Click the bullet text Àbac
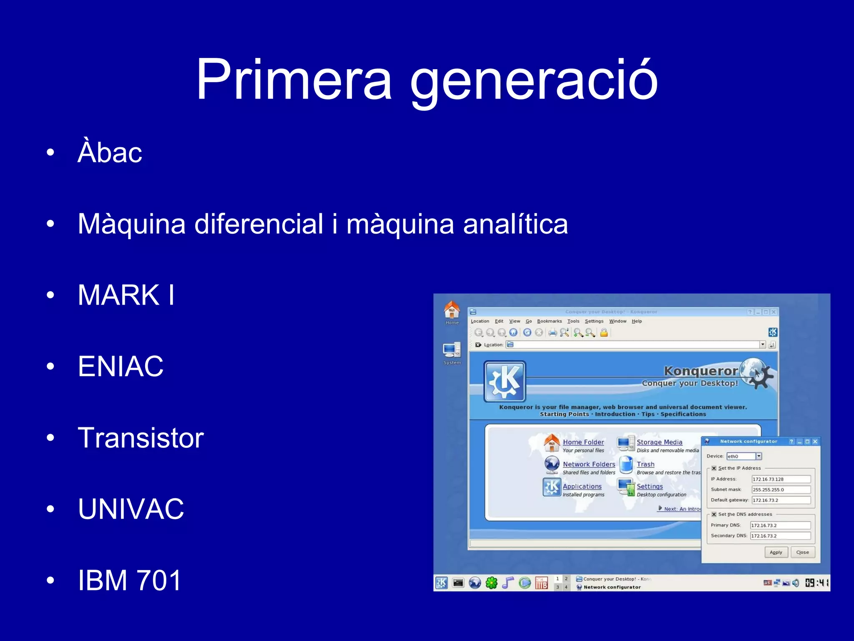click(110, 152)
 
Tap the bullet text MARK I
click(126, 295)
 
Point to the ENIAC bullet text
click(121, 366)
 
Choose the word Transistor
click(141, 438)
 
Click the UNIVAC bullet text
click(131, 509)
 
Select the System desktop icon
click(452, 351)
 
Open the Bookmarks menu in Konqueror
click(549, 321)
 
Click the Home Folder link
click(583, 442)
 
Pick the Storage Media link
click(659, 442)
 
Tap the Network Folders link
click(589, 464)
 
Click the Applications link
click(582, 487)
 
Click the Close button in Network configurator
click(802, 553)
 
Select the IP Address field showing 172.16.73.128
click(781, 479)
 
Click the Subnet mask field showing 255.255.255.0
click(781, 490)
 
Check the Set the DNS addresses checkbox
click(714, 515)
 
